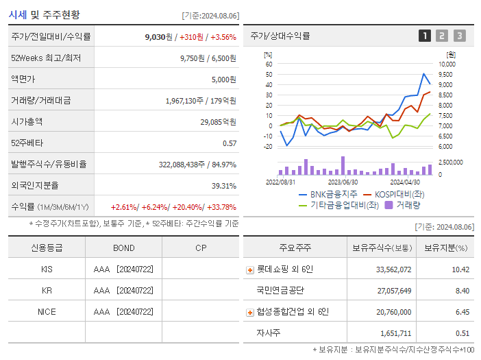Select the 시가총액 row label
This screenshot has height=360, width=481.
[27, 121]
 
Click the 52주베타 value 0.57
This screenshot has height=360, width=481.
[230, 143]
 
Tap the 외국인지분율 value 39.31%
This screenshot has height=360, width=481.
[223, 185]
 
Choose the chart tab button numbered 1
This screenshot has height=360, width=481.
[425, 36]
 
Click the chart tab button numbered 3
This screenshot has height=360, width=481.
[459, 36]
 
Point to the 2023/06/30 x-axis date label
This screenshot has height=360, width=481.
[343, 182]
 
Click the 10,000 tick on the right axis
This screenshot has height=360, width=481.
[456, 64]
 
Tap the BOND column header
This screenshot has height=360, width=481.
[124, 248]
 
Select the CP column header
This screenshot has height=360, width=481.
[201, 248]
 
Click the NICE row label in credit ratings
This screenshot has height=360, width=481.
[47, 311]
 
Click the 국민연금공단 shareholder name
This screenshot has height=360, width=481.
[280, 290]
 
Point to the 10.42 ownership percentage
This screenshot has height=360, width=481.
[460, 269]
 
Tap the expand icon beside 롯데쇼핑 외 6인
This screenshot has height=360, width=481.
[250, 270]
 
